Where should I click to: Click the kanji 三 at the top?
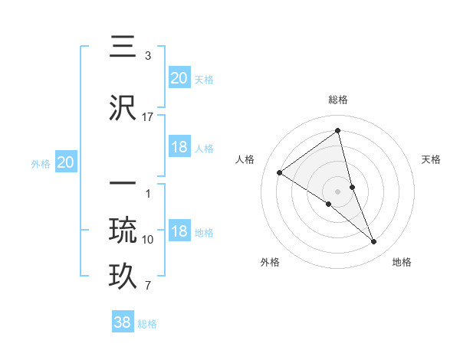click(x=123, y=47)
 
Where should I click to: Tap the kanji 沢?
click(x=123, y=109)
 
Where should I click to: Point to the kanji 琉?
click(x=123, y=231)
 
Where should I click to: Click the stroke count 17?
click(x=147, y=117)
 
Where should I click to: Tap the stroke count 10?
click(x=147, y=240)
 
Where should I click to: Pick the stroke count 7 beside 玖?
click(x=147, y=286)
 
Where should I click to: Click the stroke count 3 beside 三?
click(x=147, y=56)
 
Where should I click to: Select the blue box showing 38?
click(x=123, y=322)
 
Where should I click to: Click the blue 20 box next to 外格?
click(x=66, y=162)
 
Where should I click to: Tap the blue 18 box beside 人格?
click(x=179, y=147)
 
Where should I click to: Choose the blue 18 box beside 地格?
click(x=179, y=232)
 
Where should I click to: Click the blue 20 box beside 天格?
click(x=179, y=78)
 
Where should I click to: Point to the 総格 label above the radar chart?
click(x=338, y=100)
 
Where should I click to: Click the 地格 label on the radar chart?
click(x=402, y=262)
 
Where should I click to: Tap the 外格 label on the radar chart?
click(x=270, y=262)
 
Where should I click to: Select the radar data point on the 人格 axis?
click(x=280, y=172)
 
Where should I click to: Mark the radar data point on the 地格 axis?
click(x=373, y=241)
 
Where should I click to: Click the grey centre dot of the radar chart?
click(x=338, y=191)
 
